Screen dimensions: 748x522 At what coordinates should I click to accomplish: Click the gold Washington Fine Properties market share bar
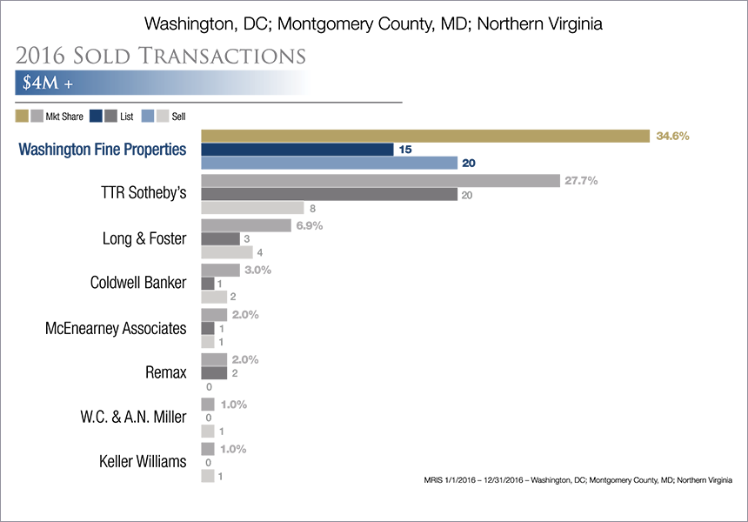[x=425, y=136]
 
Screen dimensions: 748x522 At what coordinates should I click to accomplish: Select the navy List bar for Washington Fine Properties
[x=297, y=150]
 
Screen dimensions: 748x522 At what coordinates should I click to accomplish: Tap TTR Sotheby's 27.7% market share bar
[x=380, y=181]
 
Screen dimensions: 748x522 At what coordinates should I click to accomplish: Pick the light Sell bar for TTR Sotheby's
[x=252, y=208]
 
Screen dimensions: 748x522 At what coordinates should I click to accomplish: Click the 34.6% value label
[x=672, y=136]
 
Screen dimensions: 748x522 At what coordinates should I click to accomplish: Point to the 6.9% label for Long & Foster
[x=309, y=225]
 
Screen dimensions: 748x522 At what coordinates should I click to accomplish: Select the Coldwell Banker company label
[x=138, y=283]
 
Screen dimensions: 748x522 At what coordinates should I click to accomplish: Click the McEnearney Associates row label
[x=116, y=328]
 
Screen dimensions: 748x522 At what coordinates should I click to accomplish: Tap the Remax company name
[x=165, y=372]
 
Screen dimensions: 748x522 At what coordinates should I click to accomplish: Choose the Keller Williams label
[x=143, y=461]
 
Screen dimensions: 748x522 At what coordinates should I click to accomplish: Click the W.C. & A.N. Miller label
[x=133, y=417]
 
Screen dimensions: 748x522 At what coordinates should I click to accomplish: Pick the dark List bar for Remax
[x=214, y=373]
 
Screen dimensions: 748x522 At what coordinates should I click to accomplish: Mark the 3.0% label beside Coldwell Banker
[x=257, y=270]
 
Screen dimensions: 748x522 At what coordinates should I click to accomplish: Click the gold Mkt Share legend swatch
[x=22, y=116]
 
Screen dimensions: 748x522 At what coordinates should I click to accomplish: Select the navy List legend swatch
[x=96, y=116]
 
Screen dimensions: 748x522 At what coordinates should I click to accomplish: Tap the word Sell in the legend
[x=178, y=117]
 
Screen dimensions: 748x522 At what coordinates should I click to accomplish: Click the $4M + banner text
[x=48, y=83]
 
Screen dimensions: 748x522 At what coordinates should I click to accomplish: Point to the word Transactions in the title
[x=222, y=56]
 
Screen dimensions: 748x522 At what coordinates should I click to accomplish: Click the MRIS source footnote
[x=578, y=480]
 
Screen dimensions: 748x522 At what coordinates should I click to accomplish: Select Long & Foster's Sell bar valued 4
[x=227, y=252]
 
